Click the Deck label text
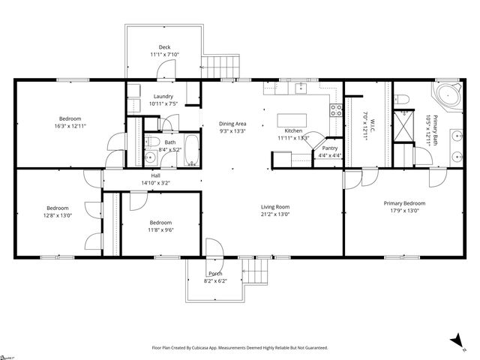164,47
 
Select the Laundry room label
163,96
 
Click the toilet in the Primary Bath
402,99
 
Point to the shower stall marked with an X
404,124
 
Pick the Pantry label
330,148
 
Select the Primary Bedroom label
404,203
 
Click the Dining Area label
232,124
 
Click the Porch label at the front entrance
214,273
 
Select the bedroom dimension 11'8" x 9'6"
160,231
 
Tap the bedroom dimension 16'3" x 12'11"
70,127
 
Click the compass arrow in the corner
454,342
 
